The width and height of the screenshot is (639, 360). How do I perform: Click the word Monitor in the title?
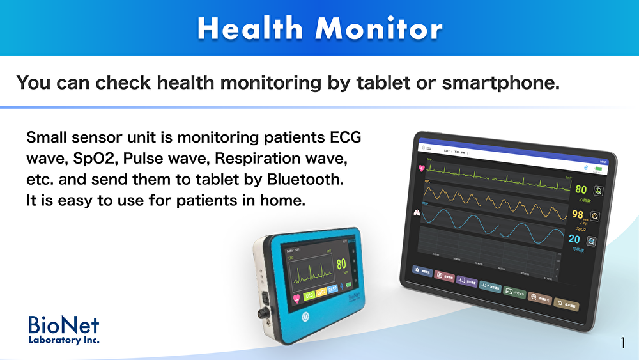tap(379, 29)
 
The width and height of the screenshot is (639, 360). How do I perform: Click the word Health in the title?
tap(250, 29)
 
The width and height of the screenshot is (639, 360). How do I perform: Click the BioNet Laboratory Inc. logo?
tap(64, 329)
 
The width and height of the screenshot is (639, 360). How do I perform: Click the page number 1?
tap(622, 343)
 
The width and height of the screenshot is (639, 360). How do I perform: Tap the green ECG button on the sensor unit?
tap(309, 295)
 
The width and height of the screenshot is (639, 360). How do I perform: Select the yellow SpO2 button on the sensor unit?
tap(321, 292)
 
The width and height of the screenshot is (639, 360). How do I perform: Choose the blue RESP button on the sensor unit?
tap(332, 290)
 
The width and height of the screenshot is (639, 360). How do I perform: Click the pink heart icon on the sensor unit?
tap(296, 297)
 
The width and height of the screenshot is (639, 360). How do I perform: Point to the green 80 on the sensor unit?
tap(341, 264)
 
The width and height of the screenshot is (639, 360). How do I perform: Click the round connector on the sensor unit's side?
tap(261, 313)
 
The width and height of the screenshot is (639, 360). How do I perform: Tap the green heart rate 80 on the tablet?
tap(580, 189)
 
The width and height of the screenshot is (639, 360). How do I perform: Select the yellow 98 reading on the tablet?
tap(577, 215)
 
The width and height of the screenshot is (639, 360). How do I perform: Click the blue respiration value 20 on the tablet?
tap(574, 239)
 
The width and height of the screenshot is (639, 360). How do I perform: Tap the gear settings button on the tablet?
tap(419, 270)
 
